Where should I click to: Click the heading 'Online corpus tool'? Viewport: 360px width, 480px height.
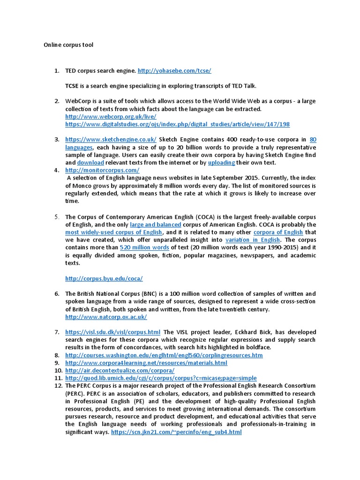coord(68,45)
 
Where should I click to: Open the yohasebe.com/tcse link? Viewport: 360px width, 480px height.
coord(174,70)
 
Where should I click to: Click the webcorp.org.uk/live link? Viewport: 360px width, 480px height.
coord(111,116)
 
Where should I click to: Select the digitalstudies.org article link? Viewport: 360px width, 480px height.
coord(177,124)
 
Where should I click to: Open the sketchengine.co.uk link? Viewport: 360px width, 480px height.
coord(111,139)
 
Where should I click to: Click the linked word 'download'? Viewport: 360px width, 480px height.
coord(90,162)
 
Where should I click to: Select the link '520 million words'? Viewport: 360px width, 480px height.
coord(144,247)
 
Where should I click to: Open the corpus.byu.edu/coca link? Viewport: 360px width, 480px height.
coord(104,278)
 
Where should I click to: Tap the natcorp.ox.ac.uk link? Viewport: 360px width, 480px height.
coord(106,317)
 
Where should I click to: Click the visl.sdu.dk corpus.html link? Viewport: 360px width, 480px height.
coord(112,332)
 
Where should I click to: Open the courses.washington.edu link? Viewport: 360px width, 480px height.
coord(164,355)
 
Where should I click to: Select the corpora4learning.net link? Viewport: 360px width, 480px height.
coord(146,363)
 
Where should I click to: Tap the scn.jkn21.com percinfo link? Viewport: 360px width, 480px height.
coord(176,432)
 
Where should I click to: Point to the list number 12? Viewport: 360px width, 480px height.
coord(58,385)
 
